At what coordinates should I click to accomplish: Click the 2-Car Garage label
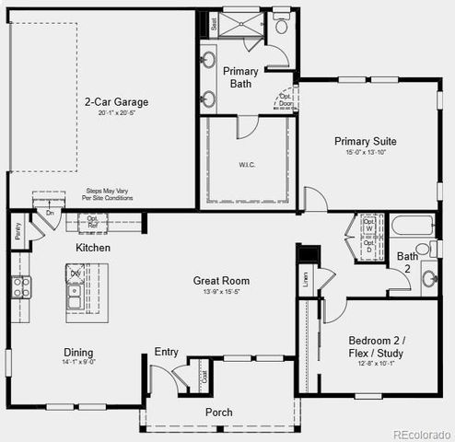pyautogui.click(x=116, y=102)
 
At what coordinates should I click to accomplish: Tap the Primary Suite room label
pyautogui.click(x=365, y=141)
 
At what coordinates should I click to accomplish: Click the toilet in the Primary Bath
pyautogui.click(x=281, y=25)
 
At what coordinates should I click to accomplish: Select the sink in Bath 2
pyautogui.click(x=429, y=277)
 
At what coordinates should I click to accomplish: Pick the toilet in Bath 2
pyautogui.click(x=425, y=249)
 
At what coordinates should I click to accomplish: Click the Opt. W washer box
pyautogui.click(x=368, y=226)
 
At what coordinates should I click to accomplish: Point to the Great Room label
pyautogui.click(x=221, y=281)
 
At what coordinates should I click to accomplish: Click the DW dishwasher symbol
pyautogui.click(x=76, y=273)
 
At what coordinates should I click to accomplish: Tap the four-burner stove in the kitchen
pyautogui.click(x=20, y=286)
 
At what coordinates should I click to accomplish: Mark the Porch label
pyautogui.click(x=218, y=412)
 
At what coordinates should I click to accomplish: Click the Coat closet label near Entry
pyautogui.click(x=204, y=376)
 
